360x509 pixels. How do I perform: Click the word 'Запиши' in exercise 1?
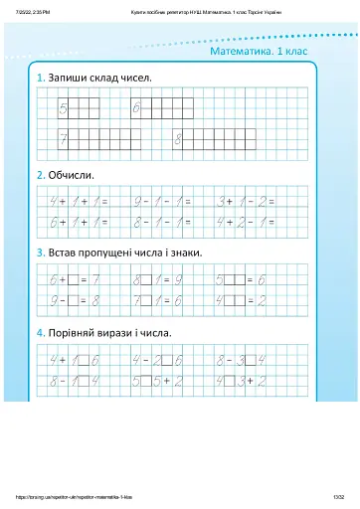click(x=66, y=77)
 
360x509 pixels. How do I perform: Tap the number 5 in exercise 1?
click(x=63, y=105)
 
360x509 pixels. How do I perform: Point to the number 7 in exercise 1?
click(x=63, y=137)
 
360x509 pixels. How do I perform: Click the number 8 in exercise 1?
click(x=179, y=137)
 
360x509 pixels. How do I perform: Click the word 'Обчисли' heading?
click(x=72, y=175)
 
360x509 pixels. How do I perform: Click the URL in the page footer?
click(x=74, y=497)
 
